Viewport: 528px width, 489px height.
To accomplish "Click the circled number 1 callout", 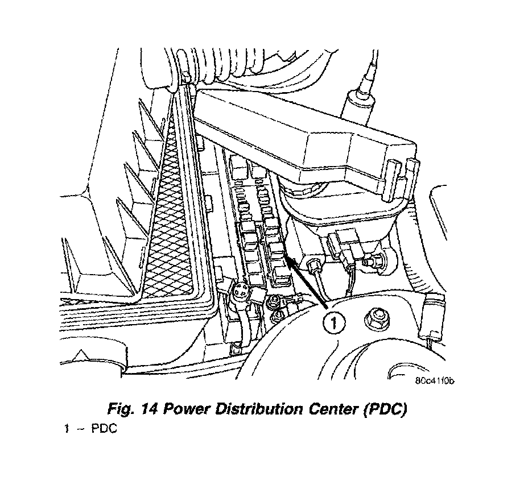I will (x=333, y=324).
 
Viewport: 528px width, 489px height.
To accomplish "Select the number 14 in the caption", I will (x=151, y=411).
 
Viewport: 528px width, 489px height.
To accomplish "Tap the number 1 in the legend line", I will (x=67, y=429).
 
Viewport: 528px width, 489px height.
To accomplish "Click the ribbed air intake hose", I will (x=222, y=68).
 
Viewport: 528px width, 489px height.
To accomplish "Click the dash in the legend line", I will (x=80, y=429).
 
